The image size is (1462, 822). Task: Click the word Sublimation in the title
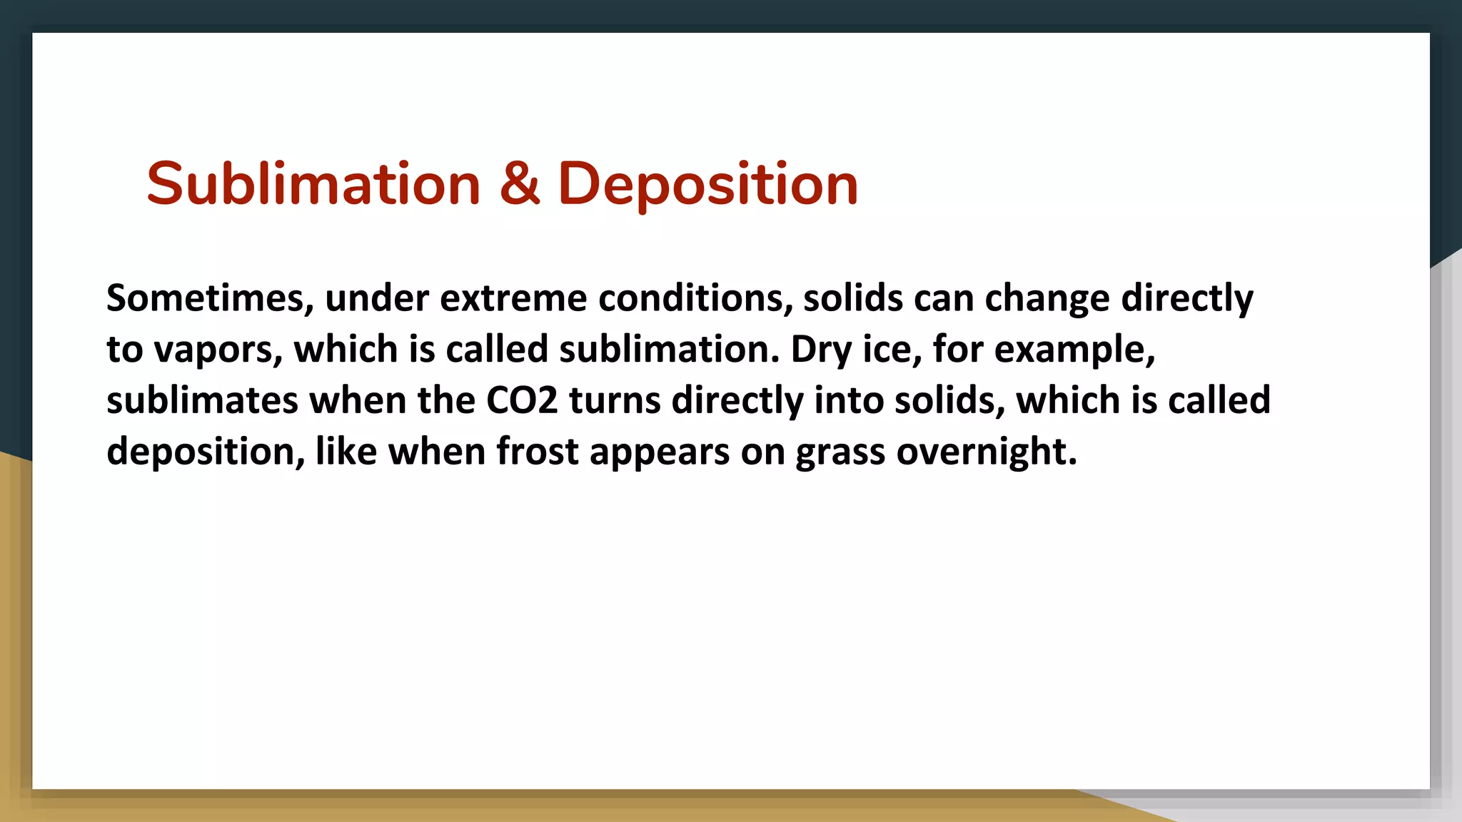313,184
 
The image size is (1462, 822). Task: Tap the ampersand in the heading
519,184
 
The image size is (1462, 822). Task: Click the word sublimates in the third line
202,400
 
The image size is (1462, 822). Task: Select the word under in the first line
377,298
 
